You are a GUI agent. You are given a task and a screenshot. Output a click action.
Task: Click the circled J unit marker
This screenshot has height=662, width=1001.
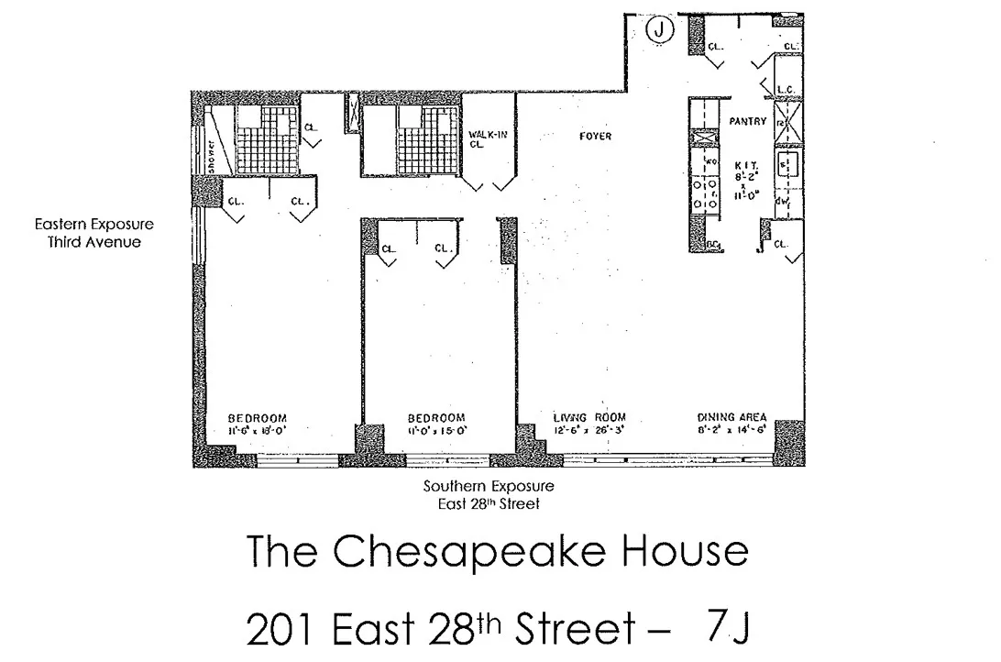[x=659, y=30]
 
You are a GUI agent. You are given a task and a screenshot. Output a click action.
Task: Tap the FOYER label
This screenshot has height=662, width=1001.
[x=595, y=137]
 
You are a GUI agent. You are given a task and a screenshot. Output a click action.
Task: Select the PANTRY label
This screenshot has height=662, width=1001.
[x=747, y=121]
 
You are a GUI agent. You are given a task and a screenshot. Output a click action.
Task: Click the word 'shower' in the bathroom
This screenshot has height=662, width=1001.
[x=210, y=156]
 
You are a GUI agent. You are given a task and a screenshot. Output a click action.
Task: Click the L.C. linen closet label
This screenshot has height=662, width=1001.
[x=784, y=89]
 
